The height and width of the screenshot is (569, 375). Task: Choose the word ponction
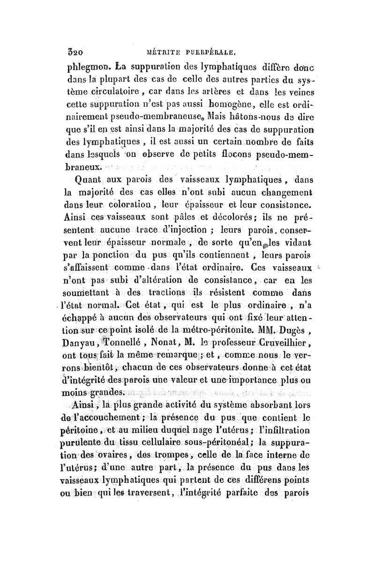click(112, 257)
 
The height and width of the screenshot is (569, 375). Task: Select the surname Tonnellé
click(128, 347)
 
